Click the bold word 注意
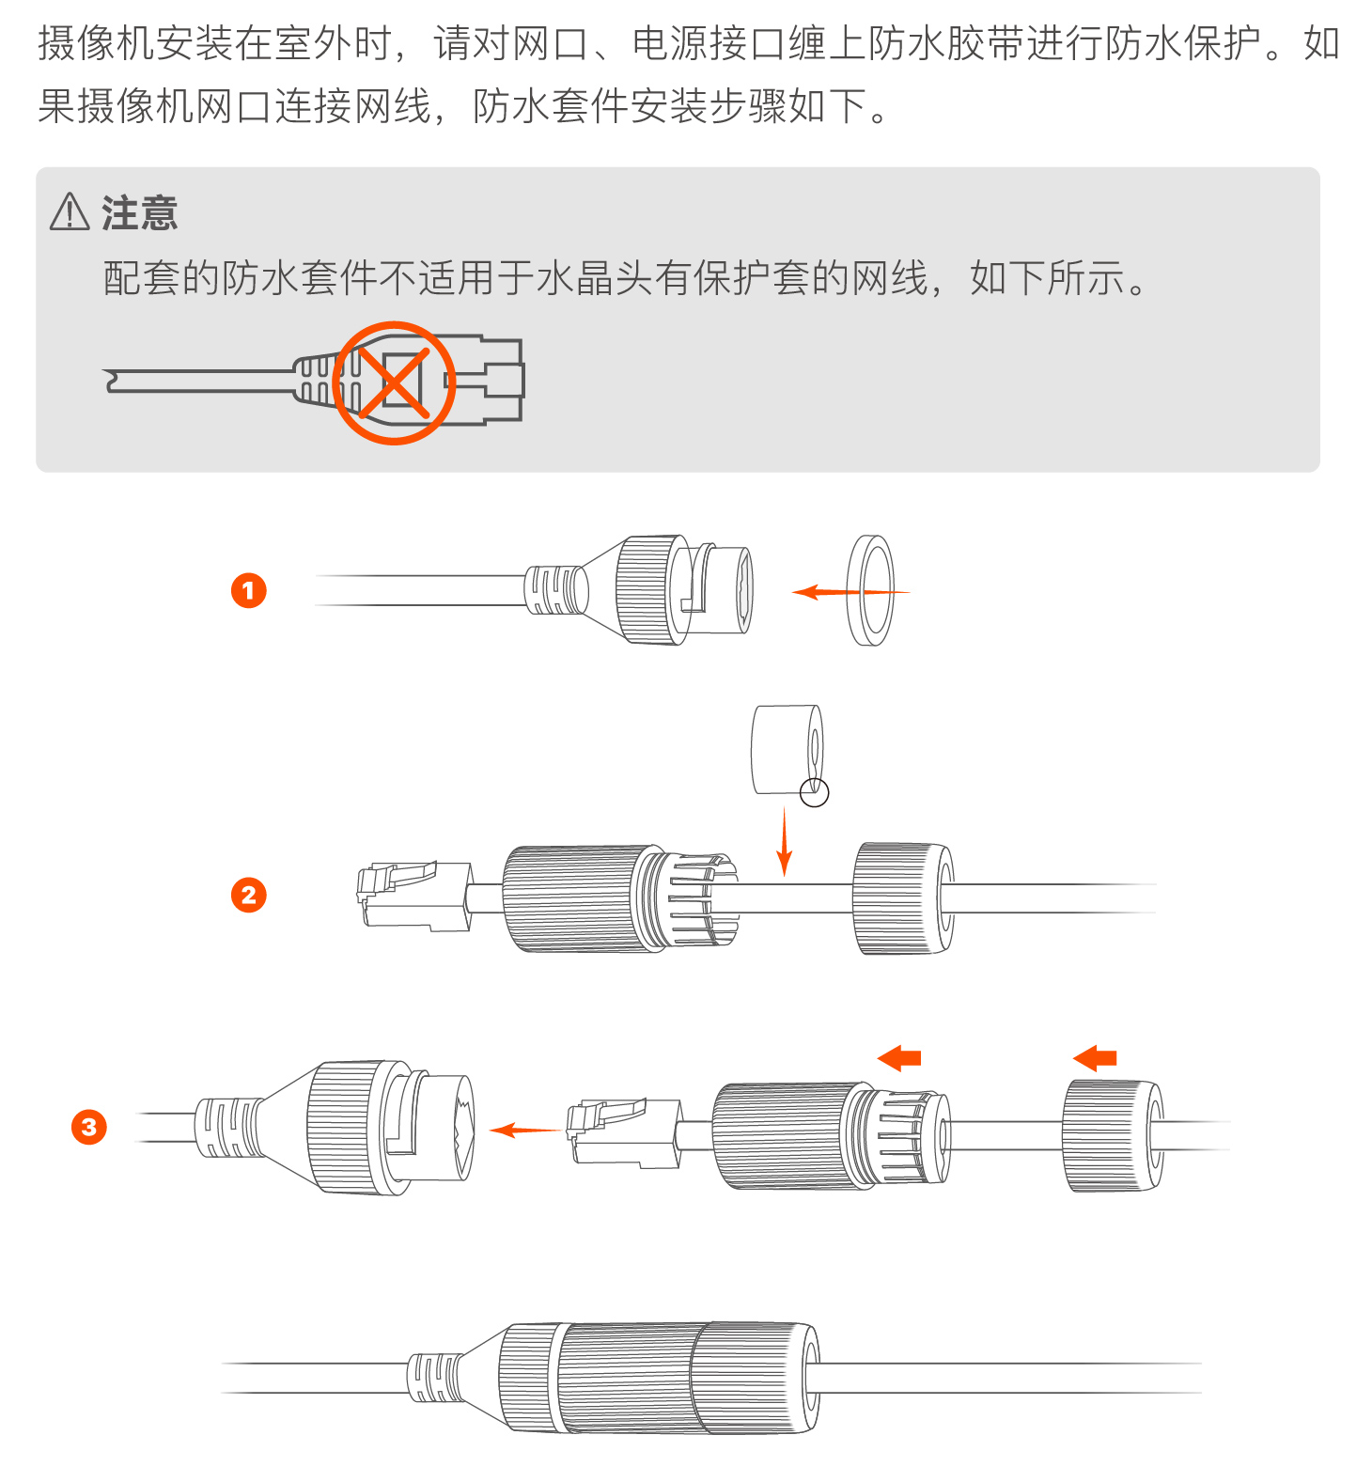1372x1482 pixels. tap(140, 213)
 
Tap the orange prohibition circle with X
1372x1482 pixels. tap(394, 382)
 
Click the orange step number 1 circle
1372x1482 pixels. tap(249, 590)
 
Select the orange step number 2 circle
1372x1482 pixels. tap(249, 895)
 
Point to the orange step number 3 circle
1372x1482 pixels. tap(89, 1127)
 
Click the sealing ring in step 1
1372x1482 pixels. tap(852, 591)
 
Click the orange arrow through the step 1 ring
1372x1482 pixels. tap(850, 592)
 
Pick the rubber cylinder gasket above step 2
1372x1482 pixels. tap(787, 749)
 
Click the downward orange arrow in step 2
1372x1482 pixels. tap(785, 841)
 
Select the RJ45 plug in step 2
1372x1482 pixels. tap(413, 896)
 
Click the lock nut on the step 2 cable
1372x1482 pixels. tap(903, 898)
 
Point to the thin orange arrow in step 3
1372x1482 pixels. tap(524, 1130)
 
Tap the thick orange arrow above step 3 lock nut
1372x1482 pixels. tap(1095, 1058)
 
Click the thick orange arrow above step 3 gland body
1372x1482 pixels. tap(898, 1058)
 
